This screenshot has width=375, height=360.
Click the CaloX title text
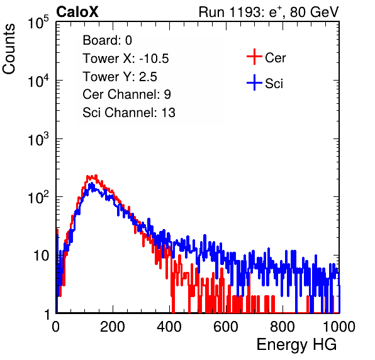pyautogui.click(x=77, y=11)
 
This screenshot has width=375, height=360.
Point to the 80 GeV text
pyautogui.click(x=314, y=12)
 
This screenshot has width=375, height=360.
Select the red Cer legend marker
pyautogui.click(x=254, y=57)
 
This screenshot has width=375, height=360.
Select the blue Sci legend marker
pyautogui.click(x=254, y=82)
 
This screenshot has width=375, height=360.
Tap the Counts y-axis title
pyautogui.click(x=9, y=49)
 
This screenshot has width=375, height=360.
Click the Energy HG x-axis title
pyautogui.click(x=296, y=345)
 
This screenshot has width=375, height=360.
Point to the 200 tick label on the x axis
pyautogui.click(x=113, y=327)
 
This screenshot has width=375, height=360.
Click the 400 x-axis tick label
pyautogui.click(x=169, y=327)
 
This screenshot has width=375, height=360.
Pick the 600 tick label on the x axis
pyautogui.click(x=226, y=327)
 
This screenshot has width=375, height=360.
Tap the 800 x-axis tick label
pyautogui.click(x=283, y=327)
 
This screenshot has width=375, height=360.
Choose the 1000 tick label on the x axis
pyautogui.click(x=339, y=327)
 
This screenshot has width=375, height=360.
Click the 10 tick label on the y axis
pyautogui.click(x=42, y=256)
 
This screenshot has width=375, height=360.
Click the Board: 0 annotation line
pyautogui.click(x=107, y=40)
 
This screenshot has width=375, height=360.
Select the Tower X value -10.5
pyautogui.click(x=154, y=59)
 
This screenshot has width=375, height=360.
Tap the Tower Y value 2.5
pyautogui.click(x=148, y=77)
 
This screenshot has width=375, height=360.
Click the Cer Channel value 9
pyautogui.click(x=167, y=94)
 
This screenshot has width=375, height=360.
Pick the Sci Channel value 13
pyautogui.click(x=169, y=113)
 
